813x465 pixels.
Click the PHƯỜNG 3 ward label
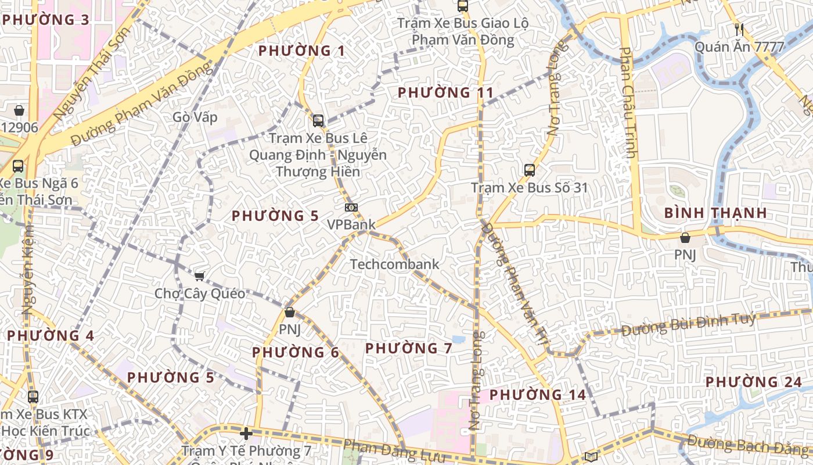(46, 20)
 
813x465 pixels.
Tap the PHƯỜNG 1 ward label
(302, 51)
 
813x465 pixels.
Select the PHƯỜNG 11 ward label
(445, 92)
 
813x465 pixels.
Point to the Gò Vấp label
(195, 117)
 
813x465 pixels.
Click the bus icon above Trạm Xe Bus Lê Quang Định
(318, 121)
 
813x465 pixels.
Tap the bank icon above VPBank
(351, 208)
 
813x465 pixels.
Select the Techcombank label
(394, 264)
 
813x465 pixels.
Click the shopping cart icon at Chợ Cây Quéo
(200, 277)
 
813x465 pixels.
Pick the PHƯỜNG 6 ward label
(296, 352)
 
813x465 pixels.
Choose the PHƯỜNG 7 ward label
(409, 348)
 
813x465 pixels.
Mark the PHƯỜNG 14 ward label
(538, 395)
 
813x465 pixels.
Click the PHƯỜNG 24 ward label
(754, 382)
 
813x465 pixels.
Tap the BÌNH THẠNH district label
(715, 213)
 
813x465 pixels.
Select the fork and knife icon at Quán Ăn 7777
(739, 29)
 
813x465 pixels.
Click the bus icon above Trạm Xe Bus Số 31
(529, 170)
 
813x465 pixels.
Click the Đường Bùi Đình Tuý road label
(689, 325)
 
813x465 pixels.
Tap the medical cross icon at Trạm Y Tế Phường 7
(246, 434)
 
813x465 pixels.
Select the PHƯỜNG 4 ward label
(51, 336)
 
